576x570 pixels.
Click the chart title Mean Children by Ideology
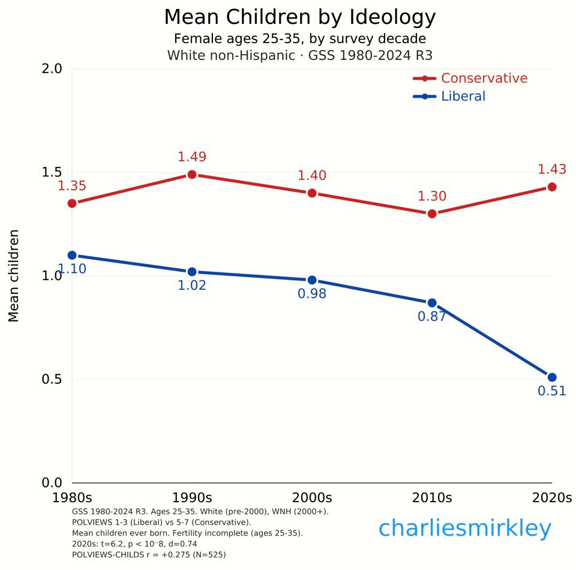pyautogui.click(x=299, y=17)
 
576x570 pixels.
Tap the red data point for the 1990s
pyautogui.click(x=192, y=175)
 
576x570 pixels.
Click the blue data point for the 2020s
pyautogui.click(x=552, y=377)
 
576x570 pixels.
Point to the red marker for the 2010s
pyautogui.click(x=432, y=214)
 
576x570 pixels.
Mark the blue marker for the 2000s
pyautogui.click(x=312, y=280)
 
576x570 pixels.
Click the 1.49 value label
pyautogui.click(x=192, y=157)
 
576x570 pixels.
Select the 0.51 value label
pyautogui.click(x=552, y=391)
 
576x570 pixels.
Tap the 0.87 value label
pyautogui.click(x=432, y=316)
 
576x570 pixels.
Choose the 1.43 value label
pyautogui.click(x=552, y=170)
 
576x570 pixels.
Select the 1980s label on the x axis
pyautogui.click(x=72, y=498)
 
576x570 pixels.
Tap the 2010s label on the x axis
pyautogui.click(x=432, y=498)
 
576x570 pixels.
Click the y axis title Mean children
pyautogui.click(x=14, y=276)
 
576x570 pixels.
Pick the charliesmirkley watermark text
pyautogui.click(x=464, y=529)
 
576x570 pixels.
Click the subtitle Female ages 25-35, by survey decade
pyautogui.click(x=299, y=39)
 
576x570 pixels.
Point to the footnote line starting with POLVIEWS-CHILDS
pyautogui.click(x=148, y=555)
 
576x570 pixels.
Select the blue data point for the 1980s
pyautogui.click(x=72, y=255)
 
